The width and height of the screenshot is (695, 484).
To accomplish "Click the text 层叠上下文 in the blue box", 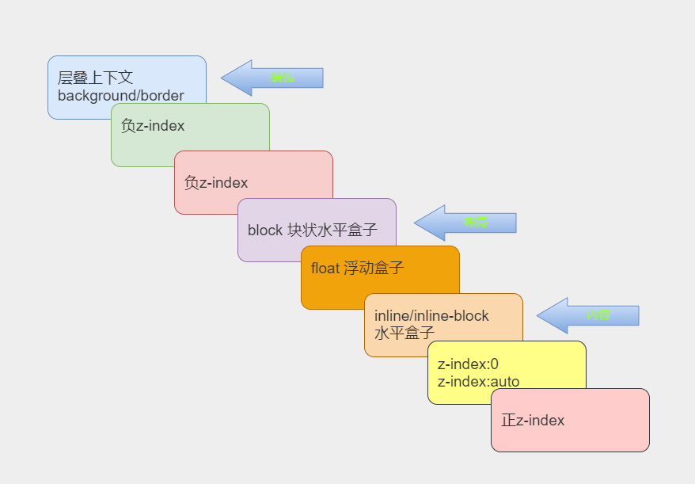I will [x=95, y=78].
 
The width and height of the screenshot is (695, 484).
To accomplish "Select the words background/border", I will [x=120, y=96].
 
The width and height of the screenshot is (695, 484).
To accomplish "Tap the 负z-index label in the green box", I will [x=153, y=125].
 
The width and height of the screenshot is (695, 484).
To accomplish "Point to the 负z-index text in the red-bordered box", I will [x=216, y=183].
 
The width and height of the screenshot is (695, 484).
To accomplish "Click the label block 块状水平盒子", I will [x=312, y=231].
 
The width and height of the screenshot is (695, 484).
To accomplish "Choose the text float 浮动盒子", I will [x=357, y=268].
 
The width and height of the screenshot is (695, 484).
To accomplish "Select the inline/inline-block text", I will [x=431, y=315].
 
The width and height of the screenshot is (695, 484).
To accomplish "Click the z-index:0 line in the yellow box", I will [x=468, y=364].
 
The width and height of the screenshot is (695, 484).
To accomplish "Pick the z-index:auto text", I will [x=478, y=382].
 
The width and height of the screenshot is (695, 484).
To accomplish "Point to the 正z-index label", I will [x=533, y=421].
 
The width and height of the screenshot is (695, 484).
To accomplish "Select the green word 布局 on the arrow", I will [x=476, y=223].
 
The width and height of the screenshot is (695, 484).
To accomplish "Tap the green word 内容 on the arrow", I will [x=598, y=315].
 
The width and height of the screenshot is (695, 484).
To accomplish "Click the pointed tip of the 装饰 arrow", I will [x=222, y=78].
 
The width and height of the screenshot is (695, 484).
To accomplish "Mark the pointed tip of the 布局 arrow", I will [x=416, y=223].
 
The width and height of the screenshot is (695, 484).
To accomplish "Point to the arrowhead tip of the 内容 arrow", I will [x=538, y=315].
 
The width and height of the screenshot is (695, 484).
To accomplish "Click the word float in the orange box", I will [x=325, y=268].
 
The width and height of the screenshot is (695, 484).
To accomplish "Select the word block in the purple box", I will [x=264, y=231].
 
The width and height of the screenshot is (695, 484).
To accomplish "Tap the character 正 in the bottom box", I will [x=508, y=421].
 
